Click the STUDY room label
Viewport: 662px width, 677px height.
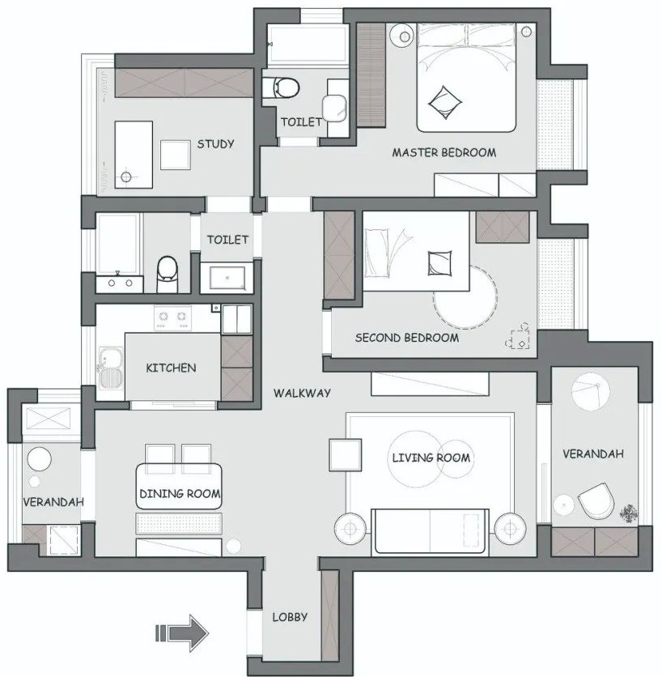coord(215,144)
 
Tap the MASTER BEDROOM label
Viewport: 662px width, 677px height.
coord(444,152)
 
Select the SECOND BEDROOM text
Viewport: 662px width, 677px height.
coord(407,338)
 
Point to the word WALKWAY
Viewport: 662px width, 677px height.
coord(302,393)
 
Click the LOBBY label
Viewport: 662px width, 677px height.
coord(290,617)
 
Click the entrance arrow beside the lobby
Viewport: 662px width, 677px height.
coord(181,633)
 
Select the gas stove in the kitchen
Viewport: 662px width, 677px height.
coord(172,318)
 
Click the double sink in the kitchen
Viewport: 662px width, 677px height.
coord(111,368)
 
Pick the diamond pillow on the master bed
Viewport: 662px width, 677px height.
coord(445,103)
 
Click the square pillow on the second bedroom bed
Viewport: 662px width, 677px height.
coord(439,263)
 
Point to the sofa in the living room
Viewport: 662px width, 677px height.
coord(431,531)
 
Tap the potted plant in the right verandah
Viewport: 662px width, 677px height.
coord(629,513)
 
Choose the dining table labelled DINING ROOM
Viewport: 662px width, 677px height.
coord(179,487)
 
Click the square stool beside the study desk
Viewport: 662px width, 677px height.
coord(175,155)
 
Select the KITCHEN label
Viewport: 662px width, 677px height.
coord(171,368)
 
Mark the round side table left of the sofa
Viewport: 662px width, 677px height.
coord(350,529)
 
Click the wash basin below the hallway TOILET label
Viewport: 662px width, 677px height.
coord(227,278)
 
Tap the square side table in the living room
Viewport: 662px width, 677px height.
coord(346,454)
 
